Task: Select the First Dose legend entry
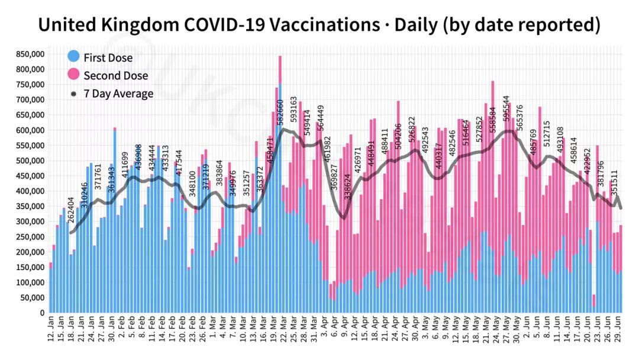(108, 57)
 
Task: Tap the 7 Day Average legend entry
(118, 94)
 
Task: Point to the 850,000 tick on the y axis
(28, 54)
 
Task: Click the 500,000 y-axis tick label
(28, 160)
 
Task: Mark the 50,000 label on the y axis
(32, 298)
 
